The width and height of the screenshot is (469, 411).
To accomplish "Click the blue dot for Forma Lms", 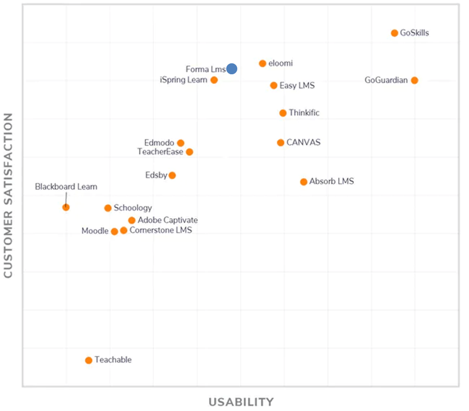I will pos(232,69).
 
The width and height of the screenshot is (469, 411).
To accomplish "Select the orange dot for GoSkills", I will pos(394,33).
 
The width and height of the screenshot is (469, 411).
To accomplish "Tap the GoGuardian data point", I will pos(415,80).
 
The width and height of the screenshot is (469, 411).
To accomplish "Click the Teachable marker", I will pos(89,360).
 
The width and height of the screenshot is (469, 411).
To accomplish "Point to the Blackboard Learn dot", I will pos(66,207).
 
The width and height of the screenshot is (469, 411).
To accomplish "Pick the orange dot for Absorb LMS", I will pos(304,182).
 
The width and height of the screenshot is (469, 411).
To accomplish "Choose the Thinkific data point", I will pos(283,113).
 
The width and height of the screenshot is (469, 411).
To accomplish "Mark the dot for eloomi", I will pos(263,63).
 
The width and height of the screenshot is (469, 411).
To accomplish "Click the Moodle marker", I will pos(114,232).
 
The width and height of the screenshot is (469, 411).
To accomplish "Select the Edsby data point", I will pos(172,175).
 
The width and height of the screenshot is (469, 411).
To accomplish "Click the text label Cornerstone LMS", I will pos(161,230).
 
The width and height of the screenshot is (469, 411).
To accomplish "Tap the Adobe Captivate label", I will pos(168,220).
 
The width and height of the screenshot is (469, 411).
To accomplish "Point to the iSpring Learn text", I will pos(184,80).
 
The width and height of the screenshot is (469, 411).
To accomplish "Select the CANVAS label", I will pos(303,143).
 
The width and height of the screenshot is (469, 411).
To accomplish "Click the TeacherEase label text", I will pos(160,152).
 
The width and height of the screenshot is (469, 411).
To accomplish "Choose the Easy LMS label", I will pos(297,85).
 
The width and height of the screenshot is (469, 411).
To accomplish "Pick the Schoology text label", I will pos(132,208).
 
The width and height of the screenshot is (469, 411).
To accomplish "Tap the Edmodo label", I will pos(159,143).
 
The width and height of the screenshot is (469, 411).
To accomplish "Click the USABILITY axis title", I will pos(241,402).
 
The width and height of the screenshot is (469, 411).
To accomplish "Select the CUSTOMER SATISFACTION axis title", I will pos(8,196).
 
